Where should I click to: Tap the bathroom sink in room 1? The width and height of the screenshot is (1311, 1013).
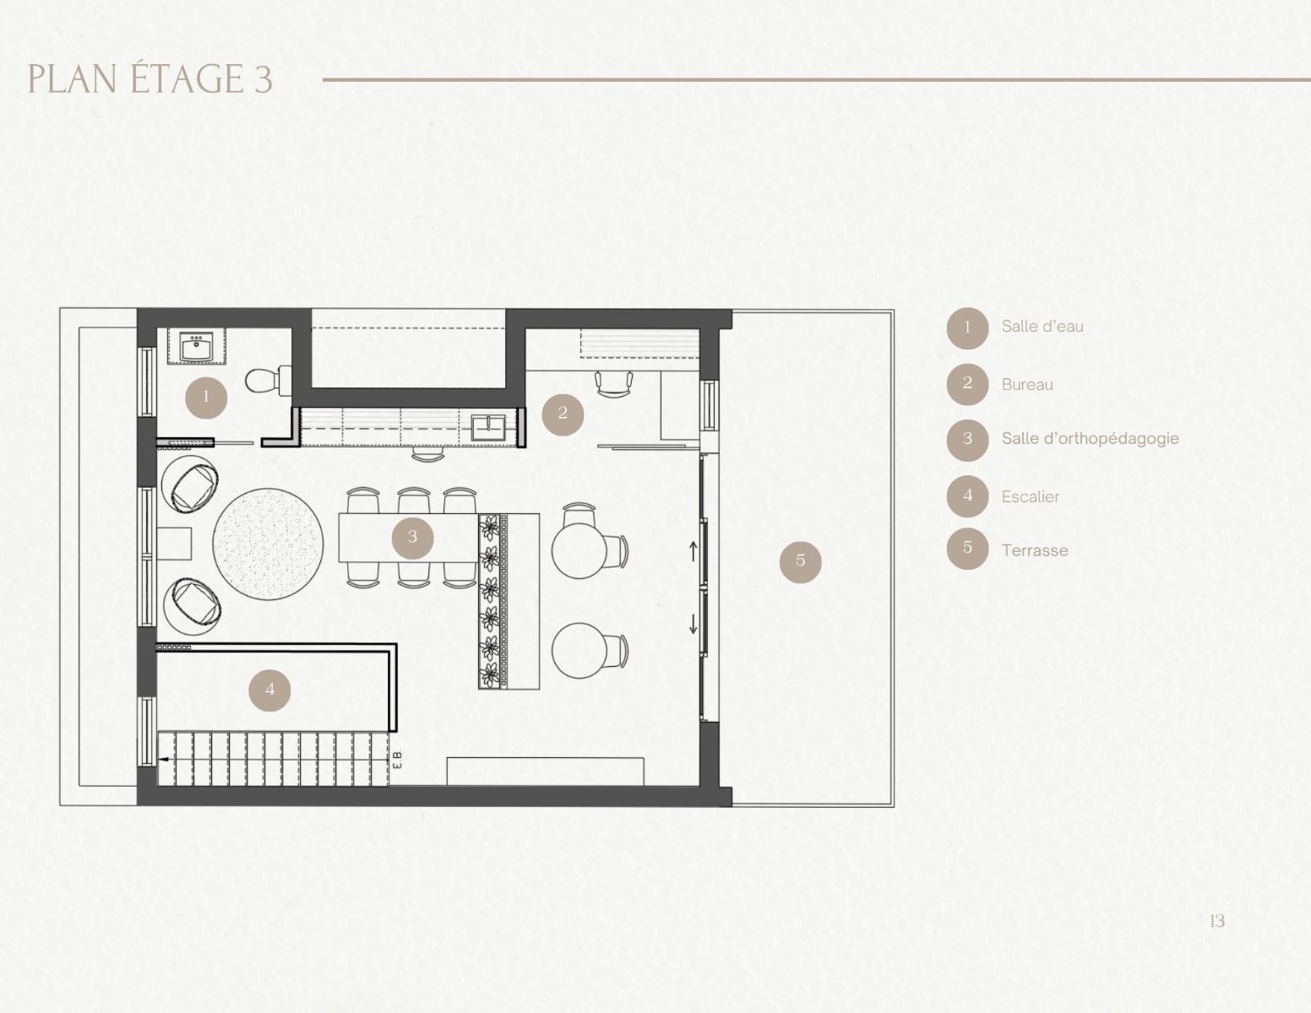pyautogui.click(x=195, y=346)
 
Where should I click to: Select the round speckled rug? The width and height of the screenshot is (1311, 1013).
pyautogui.click(x=268, y=544)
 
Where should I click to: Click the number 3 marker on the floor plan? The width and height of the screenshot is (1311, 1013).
pyautogui.click(x=413, y=537)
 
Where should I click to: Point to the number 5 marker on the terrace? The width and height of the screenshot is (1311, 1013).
pyautogui.click(x=801, y=561)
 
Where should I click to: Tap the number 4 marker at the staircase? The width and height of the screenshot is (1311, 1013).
pyautogui.click(x=269, y=690)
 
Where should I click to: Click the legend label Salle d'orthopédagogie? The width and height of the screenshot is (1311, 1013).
pyautogui.click(x=1091, y=439)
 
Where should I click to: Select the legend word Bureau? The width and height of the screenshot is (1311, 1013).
pyautogui.click(x=1027, y=384)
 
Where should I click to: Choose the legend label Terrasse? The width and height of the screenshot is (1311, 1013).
pyautogui.click(x=1035, y=550)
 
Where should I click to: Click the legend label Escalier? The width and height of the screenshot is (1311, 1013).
pyautogui.click(x=1031, y=496)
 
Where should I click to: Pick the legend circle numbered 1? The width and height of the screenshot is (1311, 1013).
pyautogui.click(x=967, y=328)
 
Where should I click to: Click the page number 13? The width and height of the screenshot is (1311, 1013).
pyautogui.click(x=1217, y=921)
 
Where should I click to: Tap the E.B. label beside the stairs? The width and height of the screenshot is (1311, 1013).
pyautogui.click(x=397, y=760)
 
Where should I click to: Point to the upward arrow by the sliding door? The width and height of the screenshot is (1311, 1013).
pyautogui.click(x=694, y=550)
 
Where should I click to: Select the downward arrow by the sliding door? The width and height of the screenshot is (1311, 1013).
pyautogui.click(x=694, y=624)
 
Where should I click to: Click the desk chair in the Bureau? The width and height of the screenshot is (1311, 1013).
pyautogui.click(x=614, y=383)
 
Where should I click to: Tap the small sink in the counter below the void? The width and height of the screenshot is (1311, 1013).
pyautogui.click(x=488, y=427)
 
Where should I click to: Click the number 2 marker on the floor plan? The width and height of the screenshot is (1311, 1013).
pyautogui.click(x=563, y=414)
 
